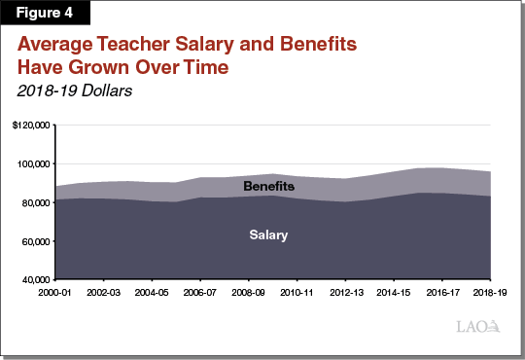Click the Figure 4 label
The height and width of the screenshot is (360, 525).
43,14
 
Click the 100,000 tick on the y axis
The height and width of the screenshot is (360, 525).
35,164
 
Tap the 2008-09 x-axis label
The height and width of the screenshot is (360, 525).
249,291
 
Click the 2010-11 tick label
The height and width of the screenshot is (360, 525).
297,291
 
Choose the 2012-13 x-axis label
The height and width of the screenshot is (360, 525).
345,291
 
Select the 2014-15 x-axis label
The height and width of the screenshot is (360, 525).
394,291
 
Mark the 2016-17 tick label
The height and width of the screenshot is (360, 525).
441,291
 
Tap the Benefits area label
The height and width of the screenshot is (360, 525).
268,186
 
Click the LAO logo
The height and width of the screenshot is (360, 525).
479,326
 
